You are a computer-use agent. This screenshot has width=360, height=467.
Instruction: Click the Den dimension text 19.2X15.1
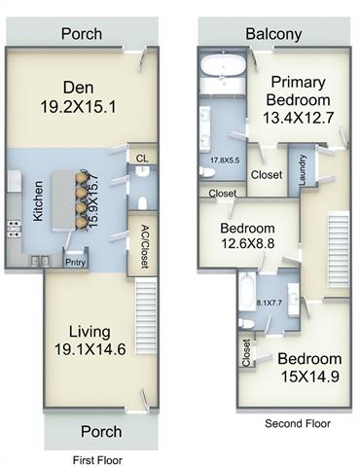pos(78,106)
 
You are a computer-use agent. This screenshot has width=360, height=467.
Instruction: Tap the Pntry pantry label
pos(75,262)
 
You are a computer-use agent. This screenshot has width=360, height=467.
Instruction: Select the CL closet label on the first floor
pos(142,159)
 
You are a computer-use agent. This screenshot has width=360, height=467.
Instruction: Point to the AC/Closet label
pos(145,247)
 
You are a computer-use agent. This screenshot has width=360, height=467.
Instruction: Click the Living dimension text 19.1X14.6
pos(90,349)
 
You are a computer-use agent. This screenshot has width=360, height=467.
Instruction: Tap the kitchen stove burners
pos(14,229)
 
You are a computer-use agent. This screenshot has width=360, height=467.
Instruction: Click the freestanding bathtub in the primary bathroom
pos(223,67)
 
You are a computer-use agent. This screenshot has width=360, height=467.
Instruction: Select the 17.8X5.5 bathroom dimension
pos(225,160)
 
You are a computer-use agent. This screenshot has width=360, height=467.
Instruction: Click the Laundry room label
pos(303,170)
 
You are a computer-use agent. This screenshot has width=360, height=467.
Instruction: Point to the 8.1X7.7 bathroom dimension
pos(270,303)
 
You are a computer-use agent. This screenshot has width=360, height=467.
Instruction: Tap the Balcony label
pos(273,34)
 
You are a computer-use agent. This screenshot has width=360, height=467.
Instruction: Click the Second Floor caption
pos(298,423)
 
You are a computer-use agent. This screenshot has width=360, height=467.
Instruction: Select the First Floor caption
pos(97,460)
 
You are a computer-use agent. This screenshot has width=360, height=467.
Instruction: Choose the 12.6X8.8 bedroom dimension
pos(248,243)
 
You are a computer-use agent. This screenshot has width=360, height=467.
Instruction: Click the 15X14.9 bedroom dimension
pos(310,377)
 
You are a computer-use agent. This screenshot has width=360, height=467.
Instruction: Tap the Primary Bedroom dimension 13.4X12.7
pos(298,118)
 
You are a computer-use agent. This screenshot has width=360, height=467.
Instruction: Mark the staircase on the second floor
pos(340,249)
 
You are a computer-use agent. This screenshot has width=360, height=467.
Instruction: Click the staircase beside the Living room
pos(146,315)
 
